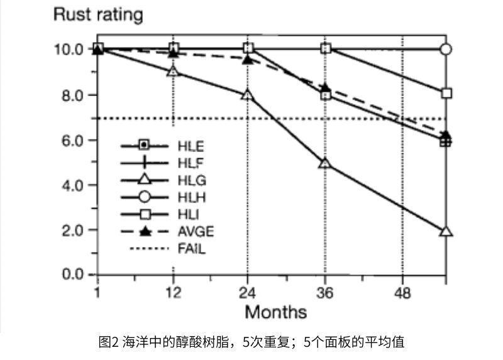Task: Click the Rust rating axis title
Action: (x=97, y=14)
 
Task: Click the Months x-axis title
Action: (x=275, y=312)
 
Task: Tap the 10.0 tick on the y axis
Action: (x=70, y=49)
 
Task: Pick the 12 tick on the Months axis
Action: (x=173, y=292)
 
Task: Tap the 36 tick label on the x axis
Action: (x=325, y=292)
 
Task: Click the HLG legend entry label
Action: (x=192, y=181)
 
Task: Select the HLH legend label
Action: (x=192, y=198)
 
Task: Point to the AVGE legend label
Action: (x=196, y=232)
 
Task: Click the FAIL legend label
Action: (x=192, y=249)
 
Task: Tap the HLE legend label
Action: (x=192, y=147)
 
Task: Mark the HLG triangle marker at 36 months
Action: (x=325, y=163)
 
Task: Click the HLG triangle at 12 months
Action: (x=173, y=72)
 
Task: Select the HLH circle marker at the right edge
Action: (x=446, y=49)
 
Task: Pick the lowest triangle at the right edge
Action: (x=446, y=231)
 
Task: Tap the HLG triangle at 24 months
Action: (x=248, y=95)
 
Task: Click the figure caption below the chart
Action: (x=251, y=342)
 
